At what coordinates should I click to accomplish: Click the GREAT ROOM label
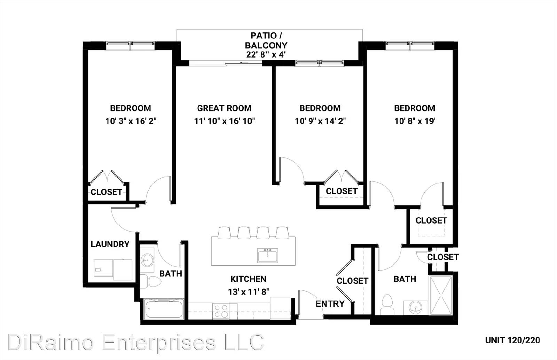coord(224,108)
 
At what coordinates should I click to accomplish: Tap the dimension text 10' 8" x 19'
coord(415,121)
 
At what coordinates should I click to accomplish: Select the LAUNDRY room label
coord(110,244)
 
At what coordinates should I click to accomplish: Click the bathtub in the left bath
coord(164,309)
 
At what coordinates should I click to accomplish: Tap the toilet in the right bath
coord(387,305)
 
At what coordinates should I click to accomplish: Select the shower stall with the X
coord(441,295)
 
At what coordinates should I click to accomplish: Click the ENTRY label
coord(330,304)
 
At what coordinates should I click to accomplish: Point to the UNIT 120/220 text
coord(512,340)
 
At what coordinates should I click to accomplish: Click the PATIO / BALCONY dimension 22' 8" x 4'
coord(266,54)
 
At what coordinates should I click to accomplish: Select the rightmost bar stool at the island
coord(282,233)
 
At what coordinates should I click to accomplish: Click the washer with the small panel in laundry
coord(104,268)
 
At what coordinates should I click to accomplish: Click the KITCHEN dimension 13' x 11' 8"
coord(249,292)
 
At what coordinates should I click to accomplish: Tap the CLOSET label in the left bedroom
coord(107,192)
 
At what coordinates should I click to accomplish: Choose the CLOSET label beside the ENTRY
coord(352,281)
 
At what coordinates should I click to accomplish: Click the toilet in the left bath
coord(151,281)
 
